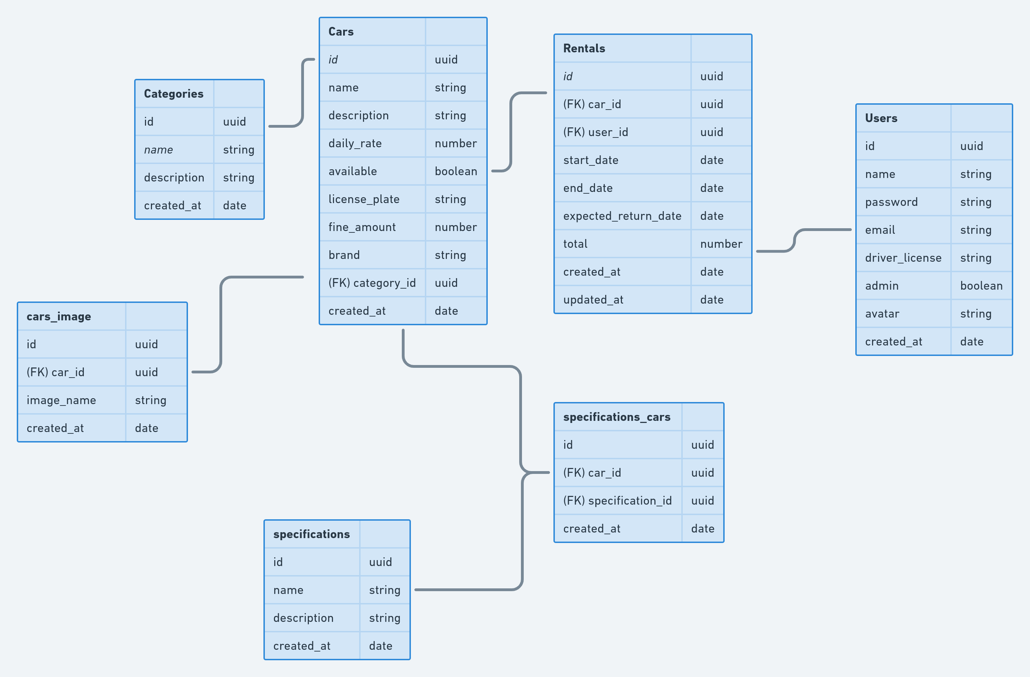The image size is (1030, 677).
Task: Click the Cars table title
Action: coord(341,31)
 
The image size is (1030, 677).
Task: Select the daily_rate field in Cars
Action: coord(355,143)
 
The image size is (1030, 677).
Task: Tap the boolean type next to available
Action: coord(456,171)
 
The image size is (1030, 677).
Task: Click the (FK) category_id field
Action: coord(372,283)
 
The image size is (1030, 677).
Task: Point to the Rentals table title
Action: coord(584,49)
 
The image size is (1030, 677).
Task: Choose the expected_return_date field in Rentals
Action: coord(622,216)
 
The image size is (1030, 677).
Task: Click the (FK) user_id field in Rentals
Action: coord(595,132)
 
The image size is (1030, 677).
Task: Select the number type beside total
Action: coord(721,244)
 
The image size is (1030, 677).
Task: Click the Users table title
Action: coord(881,118)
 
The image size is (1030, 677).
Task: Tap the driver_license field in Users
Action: coord(903,258)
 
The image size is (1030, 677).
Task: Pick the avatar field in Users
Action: coord(882,313)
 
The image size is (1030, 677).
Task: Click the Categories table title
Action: coord(174,94)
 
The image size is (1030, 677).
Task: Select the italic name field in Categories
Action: coord(158,150)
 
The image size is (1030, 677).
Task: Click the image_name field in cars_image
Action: coord(61,400)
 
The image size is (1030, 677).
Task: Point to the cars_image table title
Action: coord(59,317)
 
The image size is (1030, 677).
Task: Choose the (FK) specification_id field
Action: coord(617,501)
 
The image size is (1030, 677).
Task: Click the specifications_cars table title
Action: coord(617,417)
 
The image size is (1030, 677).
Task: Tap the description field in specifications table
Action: coord(303,618)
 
